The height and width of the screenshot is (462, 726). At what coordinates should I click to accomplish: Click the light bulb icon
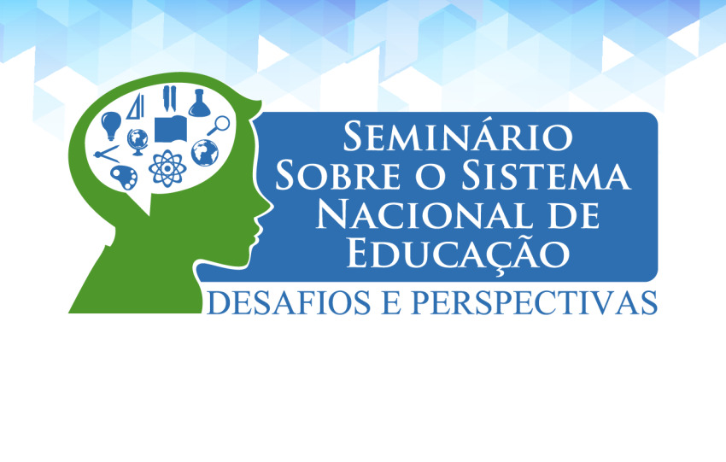tap(111, 125)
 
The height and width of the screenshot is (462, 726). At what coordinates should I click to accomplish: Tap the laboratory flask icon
tap(200, 103)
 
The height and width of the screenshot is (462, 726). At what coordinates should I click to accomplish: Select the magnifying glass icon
tap(219, 125)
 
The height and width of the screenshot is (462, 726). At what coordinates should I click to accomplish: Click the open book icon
tap(170, 130)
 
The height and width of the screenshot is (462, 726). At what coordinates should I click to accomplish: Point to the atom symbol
tap(167, 168)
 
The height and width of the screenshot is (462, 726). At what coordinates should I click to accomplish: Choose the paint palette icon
tap(124, 178)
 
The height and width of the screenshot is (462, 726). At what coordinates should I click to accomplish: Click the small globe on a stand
tap(138, 142)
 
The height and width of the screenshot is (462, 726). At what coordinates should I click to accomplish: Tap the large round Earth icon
tap(205, 152)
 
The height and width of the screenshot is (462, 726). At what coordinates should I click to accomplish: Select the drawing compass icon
tap(107, 155)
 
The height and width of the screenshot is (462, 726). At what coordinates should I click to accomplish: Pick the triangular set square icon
tap(137, 107)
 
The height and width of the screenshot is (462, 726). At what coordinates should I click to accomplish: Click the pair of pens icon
tap(169, 98)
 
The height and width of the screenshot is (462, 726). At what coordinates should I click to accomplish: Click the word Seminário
tap(458, 136)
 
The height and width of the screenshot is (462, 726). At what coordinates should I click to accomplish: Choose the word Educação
tap(459, 254)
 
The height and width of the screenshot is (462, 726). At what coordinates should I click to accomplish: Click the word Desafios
tap(289, 303)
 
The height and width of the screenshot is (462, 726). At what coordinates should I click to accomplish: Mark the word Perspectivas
tap(535, 303)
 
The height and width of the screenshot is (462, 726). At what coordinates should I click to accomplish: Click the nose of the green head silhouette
tap(267, 207)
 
